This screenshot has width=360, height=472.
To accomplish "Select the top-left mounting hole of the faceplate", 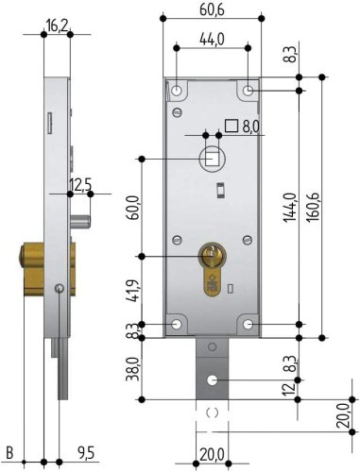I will click(178, 91).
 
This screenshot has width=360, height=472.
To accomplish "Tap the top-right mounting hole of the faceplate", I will click(248, 91).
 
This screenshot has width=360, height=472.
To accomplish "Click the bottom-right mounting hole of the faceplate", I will click(248, 326).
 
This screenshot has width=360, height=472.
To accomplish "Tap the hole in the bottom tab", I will click(213, 379).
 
